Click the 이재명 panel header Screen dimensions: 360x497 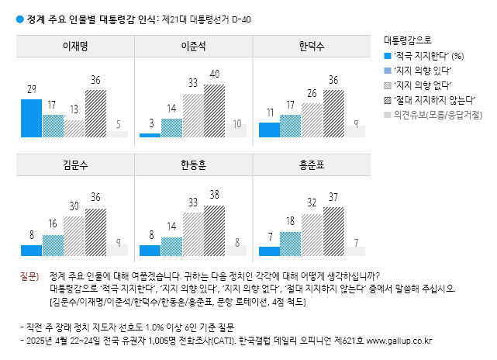pos(75,47)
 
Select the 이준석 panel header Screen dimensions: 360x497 pos(193,47)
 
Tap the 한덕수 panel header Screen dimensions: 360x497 pos(312,47)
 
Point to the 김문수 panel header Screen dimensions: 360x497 pos(75,164)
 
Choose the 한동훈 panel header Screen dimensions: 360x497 pos(193,164)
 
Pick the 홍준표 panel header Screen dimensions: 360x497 pos(312,164)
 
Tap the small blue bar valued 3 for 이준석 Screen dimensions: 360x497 pos(150,135)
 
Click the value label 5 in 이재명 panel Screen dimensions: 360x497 pos(117,124)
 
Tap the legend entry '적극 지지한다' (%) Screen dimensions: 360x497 pos(427,56)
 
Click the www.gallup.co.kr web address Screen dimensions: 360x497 pos(399,341)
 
